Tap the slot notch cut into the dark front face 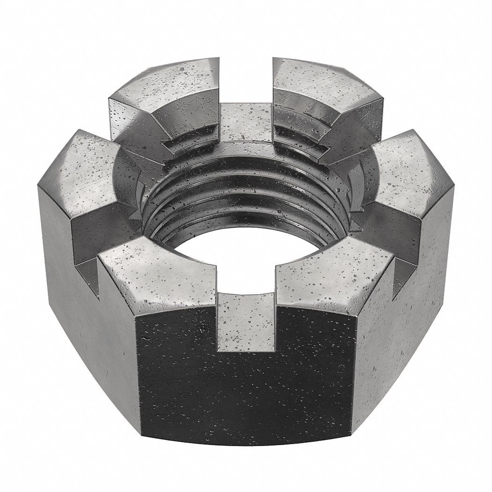246,323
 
